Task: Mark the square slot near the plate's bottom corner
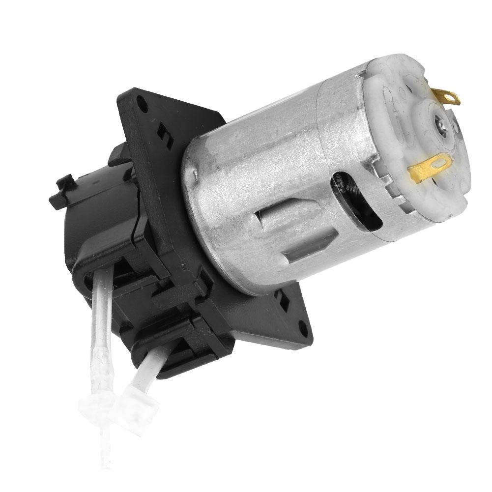[x=283, y=297]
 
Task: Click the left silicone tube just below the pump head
[x=101, y=295]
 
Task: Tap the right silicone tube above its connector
[x=147, y=371]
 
